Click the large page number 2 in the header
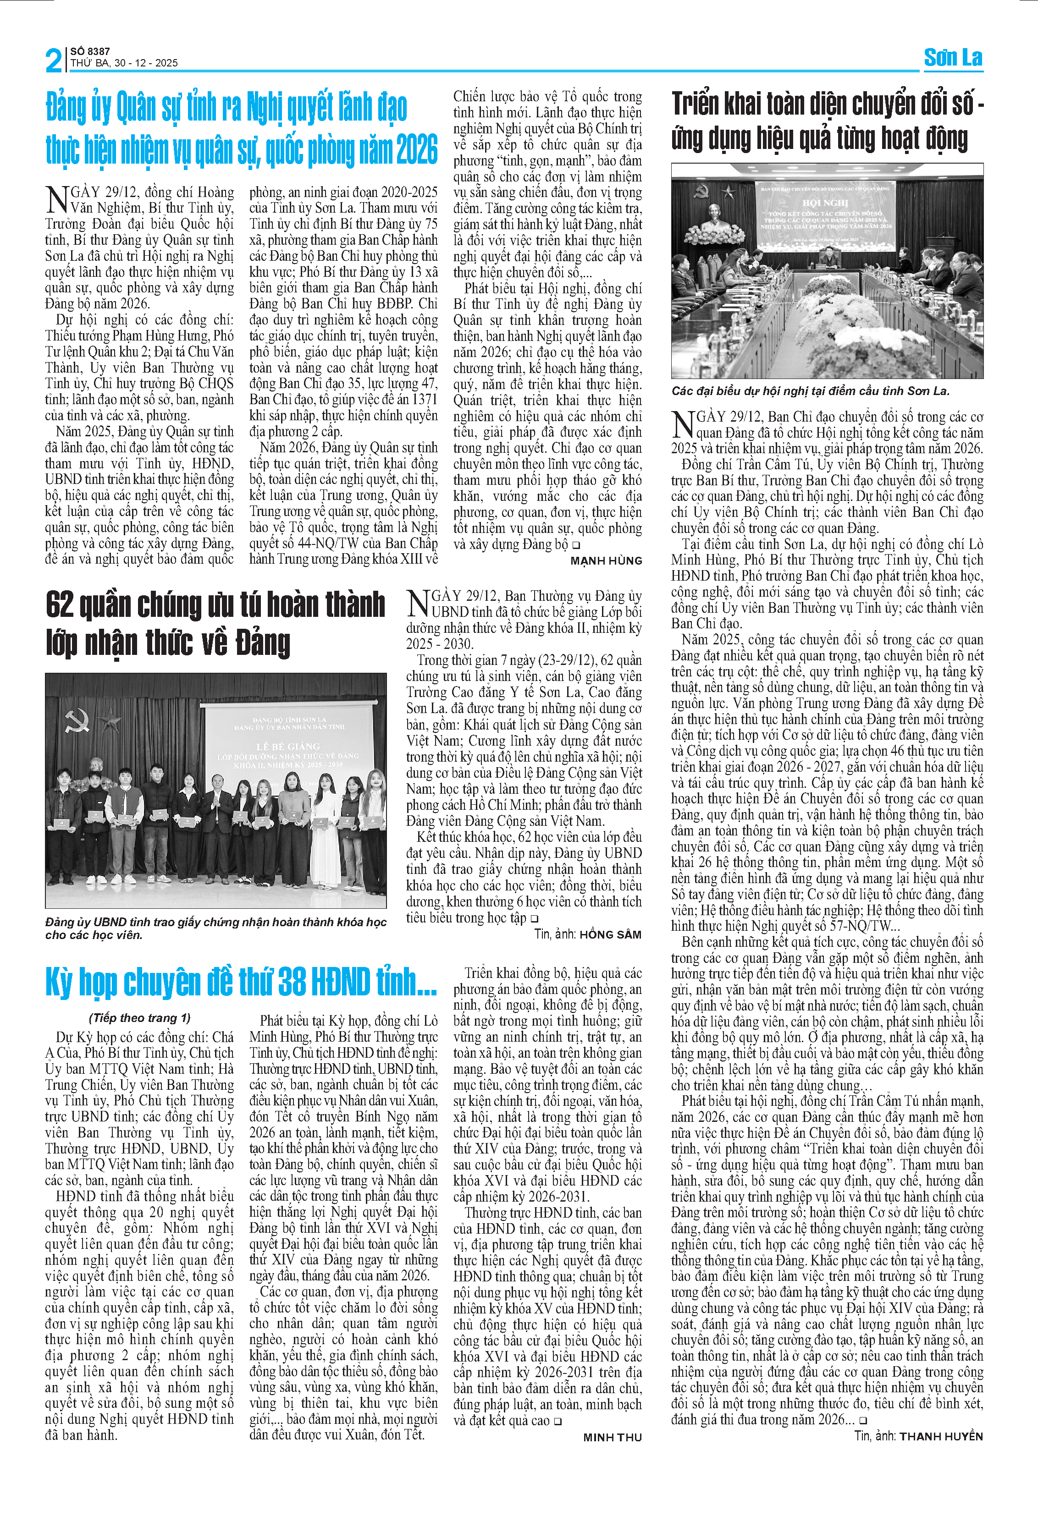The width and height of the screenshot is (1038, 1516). click(x=54, y=60)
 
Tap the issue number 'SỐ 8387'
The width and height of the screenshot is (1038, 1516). click(x=90, y=51)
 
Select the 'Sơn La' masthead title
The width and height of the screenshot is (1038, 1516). click(x=953, y=58)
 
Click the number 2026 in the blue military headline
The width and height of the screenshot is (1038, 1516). click(x=416, y=150)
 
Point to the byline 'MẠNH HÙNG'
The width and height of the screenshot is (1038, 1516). click(x=606, y=560)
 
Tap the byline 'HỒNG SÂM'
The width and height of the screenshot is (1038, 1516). click(x=610, y=934)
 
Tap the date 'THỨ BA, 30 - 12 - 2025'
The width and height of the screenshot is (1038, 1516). click(x=124, y=63)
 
